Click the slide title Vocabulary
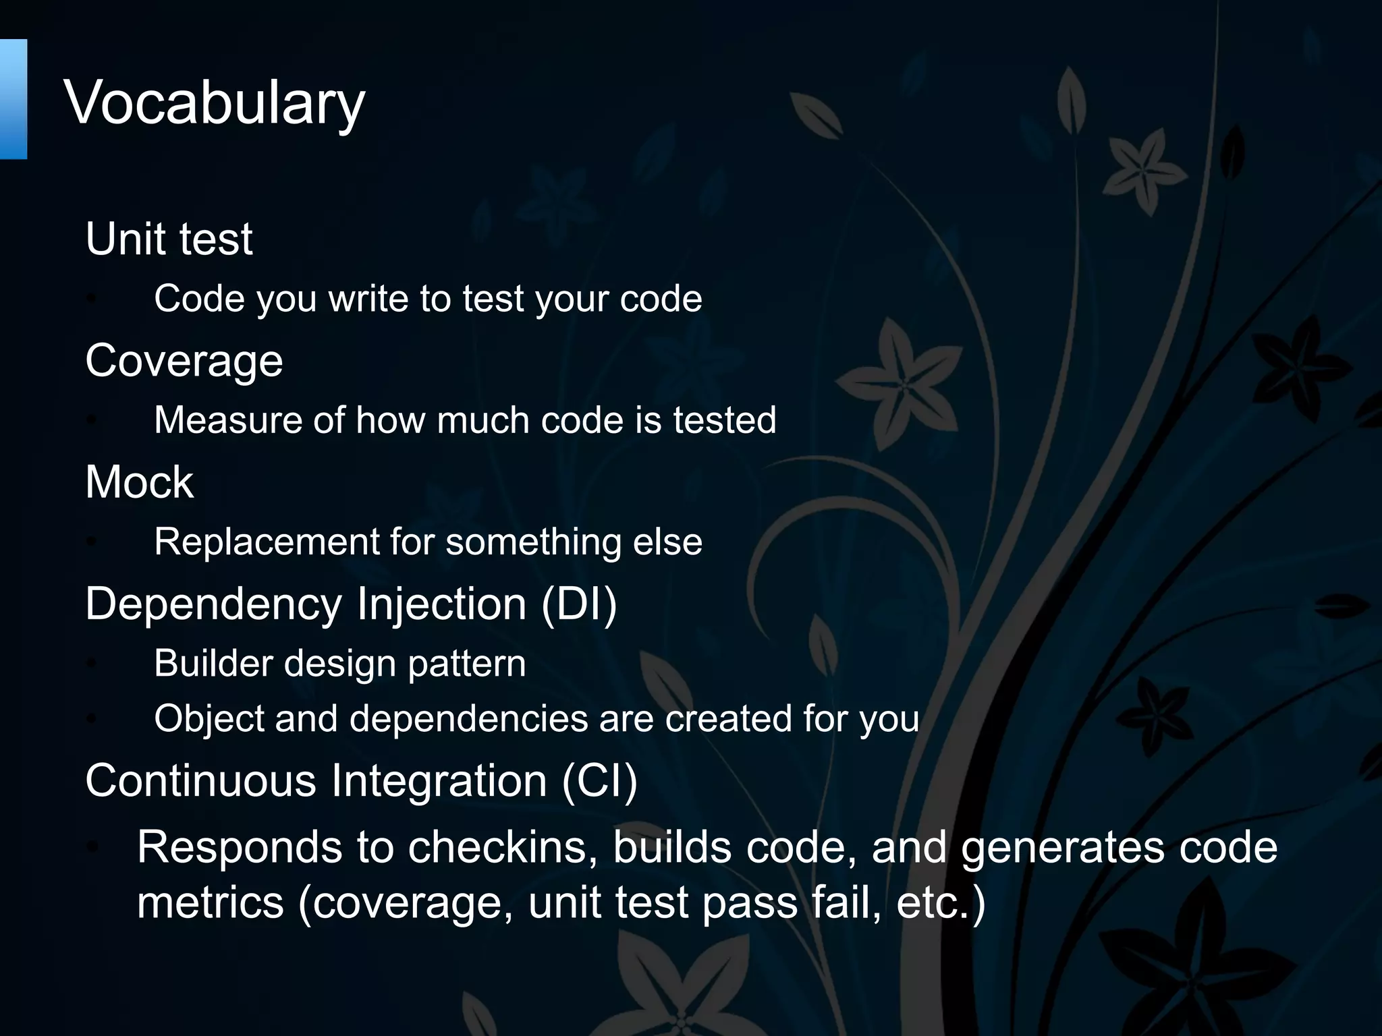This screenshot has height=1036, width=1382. (215, 103)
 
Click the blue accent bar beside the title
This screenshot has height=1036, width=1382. (13, 99)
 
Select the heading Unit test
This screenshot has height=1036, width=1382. (169, 239)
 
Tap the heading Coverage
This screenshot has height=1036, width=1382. (184, 361)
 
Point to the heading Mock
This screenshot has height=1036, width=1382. (139, 482)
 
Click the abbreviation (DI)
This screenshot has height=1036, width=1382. (579, 604)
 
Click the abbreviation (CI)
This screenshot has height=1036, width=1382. (599, 780)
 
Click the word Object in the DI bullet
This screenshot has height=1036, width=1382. (209, 718)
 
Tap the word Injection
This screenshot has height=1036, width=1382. (441, 604)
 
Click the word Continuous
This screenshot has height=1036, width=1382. (200, 780)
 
